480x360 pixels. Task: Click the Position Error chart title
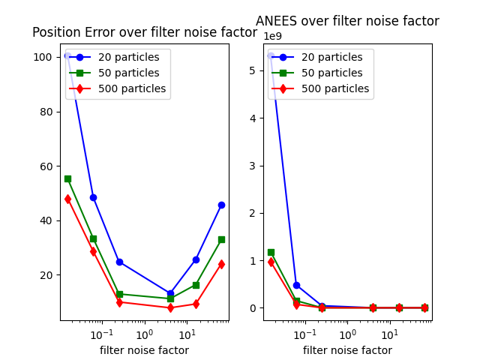[144, 32]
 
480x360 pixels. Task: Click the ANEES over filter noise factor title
[347, 21]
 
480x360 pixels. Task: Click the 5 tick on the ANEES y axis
[253, 70]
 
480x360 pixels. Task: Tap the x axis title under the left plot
[144, 350]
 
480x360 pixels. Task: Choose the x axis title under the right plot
[347, 350]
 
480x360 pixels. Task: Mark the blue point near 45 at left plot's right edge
[221, 205]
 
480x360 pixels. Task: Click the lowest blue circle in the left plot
[170, 293]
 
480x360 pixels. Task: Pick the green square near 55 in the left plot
[67, 178]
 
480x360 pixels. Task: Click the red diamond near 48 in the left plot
[67, 199]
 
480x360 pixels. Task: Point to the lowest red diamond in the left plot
[170, 307]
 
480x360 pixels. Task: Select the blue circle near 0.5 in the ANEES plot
[296, 285]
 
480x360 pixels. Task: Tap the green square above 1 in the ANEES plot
[271, 252]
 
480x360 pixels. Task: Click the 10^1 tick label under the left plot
[187, 332]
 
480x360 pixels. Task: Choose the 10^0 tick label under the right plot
[347, 332]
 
